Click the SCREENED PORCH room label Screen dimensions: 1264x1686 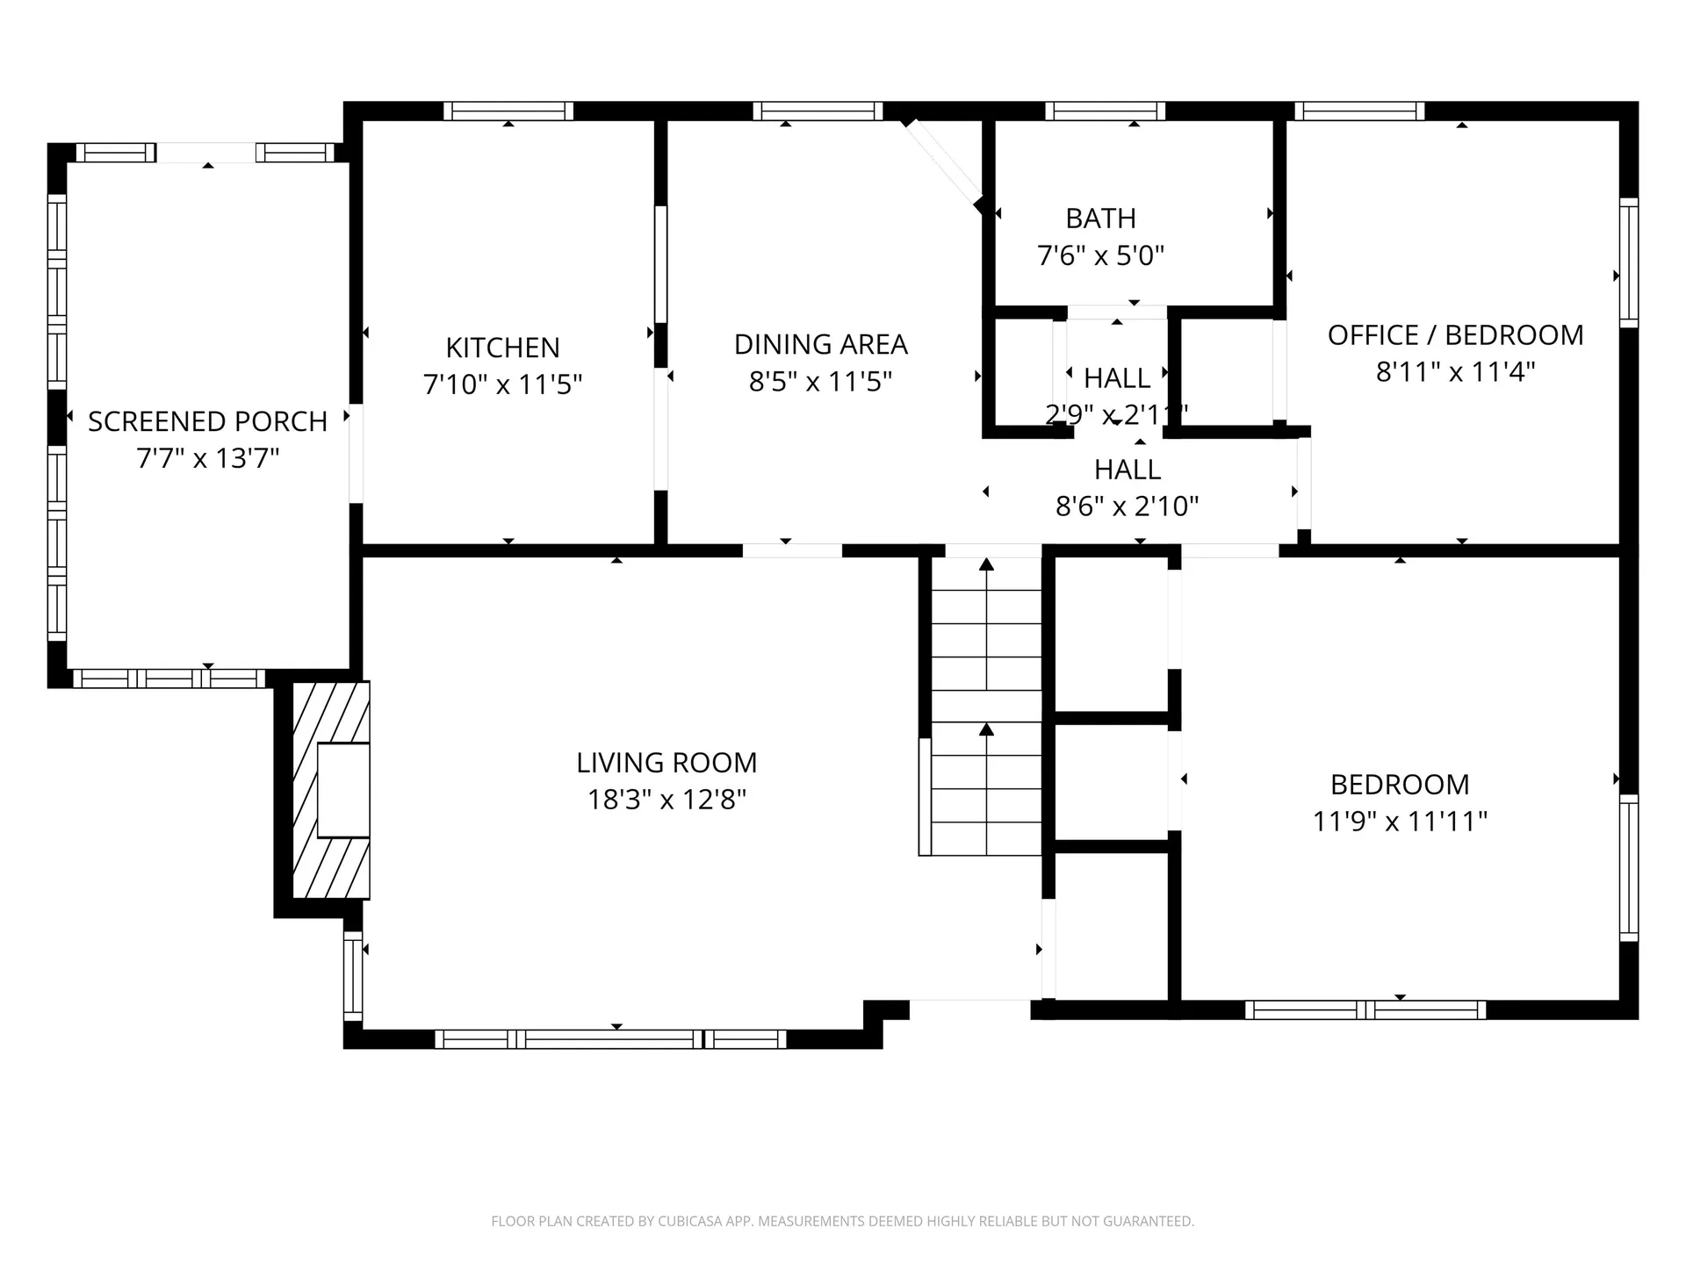coord(207,421)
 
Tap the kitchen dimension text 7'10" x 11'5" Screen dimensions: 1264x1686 coord(502,384)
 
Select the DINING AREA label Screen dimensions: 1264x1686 coord(820,344)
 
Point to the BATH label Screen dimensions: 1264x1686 coord(1100,218)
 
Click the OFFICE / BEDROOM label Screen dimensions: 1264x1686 coord(1455,334)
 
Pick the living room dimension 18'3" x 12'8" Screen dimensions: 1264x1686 coord(666,800)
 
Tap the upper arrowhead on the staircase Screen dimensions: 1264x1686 coord(986,564)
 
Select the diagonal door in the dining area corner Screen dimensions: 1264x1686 coord(944,163)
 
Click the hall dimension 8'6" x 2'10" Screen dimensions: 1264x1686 coord(1127,506)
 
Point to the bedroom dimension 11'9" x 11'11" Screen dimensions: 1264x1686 coord(1400,822)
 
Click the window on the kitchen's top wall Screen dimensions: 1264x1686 coord(508,111)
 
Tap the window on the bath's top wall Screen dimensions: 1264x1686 coord(1105,111)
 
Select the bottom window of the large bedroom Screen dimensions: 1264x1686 coord(1365,1010)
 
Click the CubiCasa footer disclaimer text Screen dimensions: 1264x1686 coord(842,1221)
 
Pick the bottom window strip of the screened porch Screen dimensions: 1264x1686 coord(169,679)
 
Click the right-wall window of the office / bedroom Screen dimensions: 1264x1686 coord(1628,262)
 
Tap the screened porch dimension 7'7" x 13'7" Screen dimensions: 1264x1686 coord(207,458)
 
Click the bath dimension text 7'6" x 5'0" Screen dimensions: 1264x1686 coord(1100,255)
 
